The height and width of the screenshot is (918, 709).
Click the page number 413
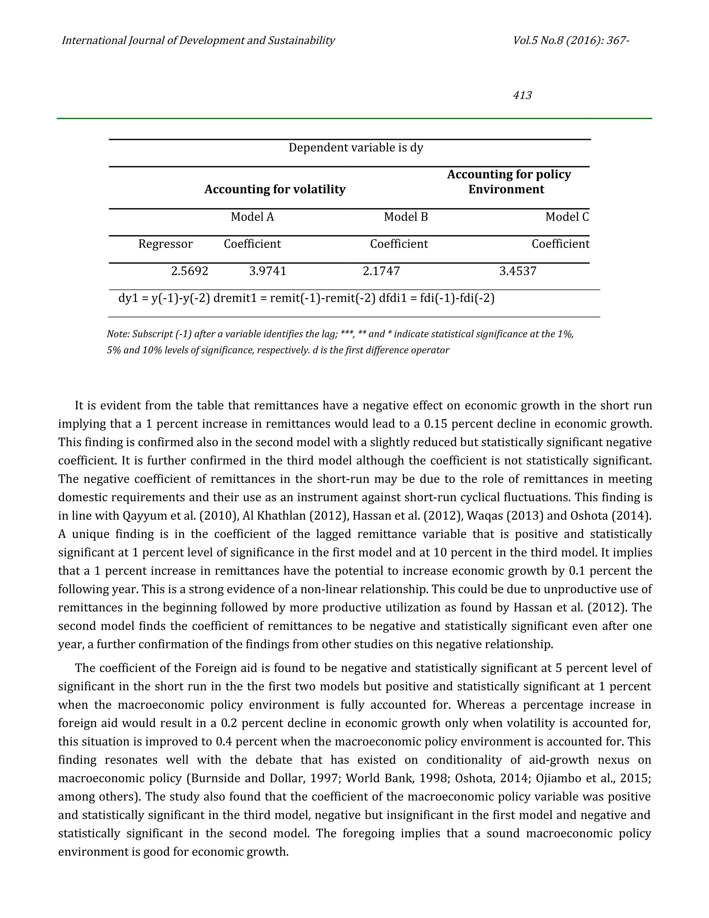tap(522, 95)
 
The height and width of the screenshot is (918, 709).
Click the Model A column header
tap(252, 217)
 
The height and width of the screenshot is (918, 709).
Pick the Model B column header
tap(406, 217)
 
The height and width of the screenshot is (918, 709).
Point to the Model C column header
tap(567, 217)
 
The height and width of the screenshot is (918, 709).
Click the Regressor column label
tap(165, 244)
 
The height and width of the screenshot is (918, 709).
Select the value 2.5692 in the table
tap(189, 271)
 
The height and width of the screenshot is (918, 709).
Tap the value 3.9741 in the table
tap(268, 271)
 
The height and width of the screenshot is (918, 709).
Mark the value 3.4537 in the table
tap(518, 271)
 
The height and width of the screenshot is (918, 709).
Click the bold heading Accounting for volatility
tap(275, 189)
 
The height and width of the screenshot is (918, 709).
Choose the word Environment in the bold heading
tap(506, 189)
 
